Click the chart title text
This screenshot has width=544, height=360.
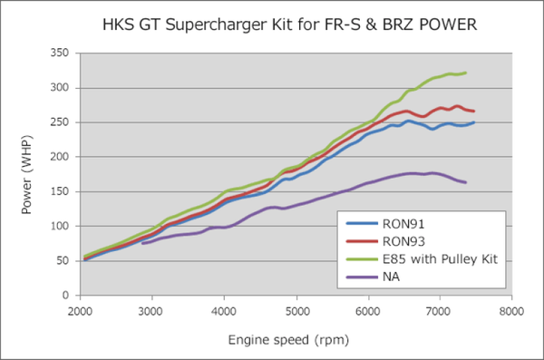(271, 24)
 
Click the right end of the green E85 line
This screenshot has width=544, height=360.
(466, 73)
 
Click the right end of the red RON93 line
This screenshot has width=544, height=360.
(474, 112)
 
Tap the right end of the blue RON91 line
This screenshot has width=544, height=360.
(474, 122)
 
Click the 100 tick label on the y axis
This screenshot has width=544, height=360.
(61, 226)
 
